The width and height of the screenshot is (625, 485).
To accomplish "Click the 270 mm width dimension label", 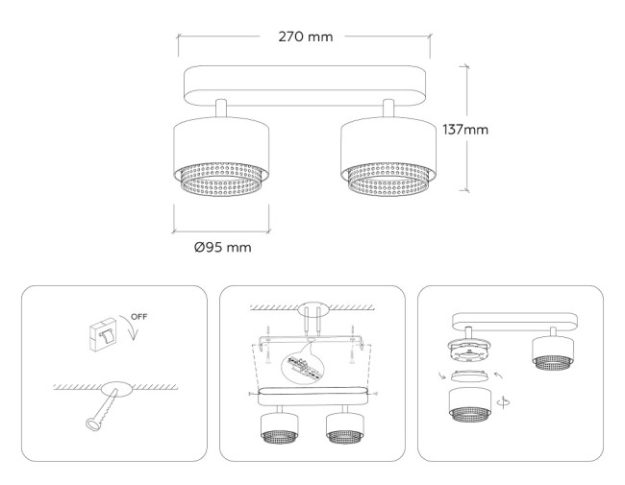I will (x=307, y=36).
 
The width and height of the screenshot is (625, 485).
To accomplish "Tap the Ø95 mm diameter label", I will (x=222, y=247).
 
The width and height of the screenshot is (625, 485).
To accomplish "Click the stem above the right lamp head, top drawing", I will (x=389, y=107).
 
